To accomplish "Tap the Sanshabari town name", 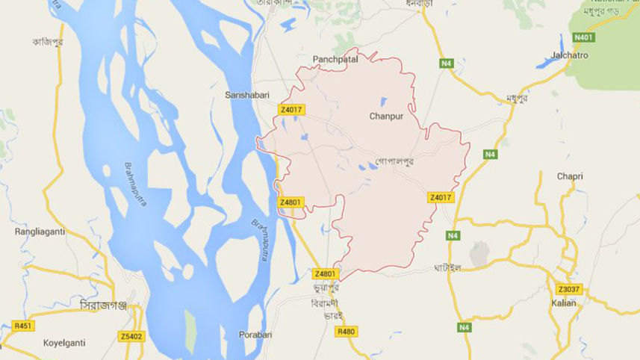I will (247, 96).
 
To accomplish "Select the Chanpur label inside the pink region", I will (387, 117).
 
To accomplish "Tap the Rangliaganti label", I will (40, 232).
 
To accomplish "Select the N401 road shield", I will (583, 37).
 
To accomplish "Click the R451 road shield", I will (24, 326).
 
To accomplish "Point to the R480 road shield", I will (346, 331).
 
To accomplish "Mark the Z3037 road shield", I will (568, 289).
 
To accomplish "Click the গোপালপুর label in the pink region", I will (395, 161).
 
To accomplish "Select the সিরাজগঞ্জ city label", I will (104, 306).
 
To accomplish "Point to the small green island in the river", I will (190, 324).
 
